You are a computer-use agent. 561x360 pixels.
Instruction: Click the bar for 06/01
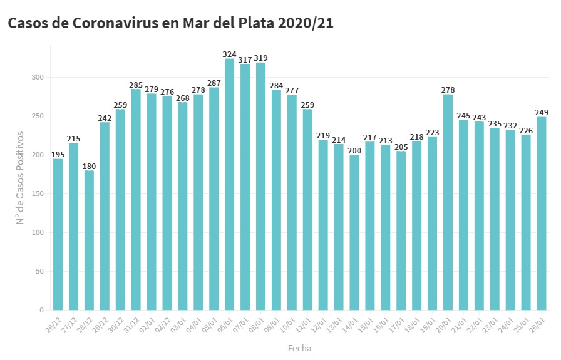click(x=229, y=185)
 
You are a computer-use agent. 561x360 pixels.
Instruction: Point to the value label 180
click(x=89, y=166)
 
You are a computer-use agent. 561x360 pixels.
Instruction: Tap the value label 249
click(x=542, y=113)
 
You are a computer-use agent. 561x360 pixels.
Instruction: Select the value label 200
click(x=354, y=150)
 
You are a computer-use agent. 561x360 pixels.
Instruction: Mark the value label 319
click(x=260, y=58)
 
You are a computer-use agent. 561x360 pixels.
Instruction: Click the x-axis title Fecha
click(x=299, y=348)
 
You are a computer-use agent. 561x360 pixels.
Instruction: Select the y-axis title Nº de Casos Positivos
click(x=20, y=178)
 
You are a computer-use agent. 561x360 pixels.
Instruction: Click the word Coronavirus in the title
click(x=125, y=23)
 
